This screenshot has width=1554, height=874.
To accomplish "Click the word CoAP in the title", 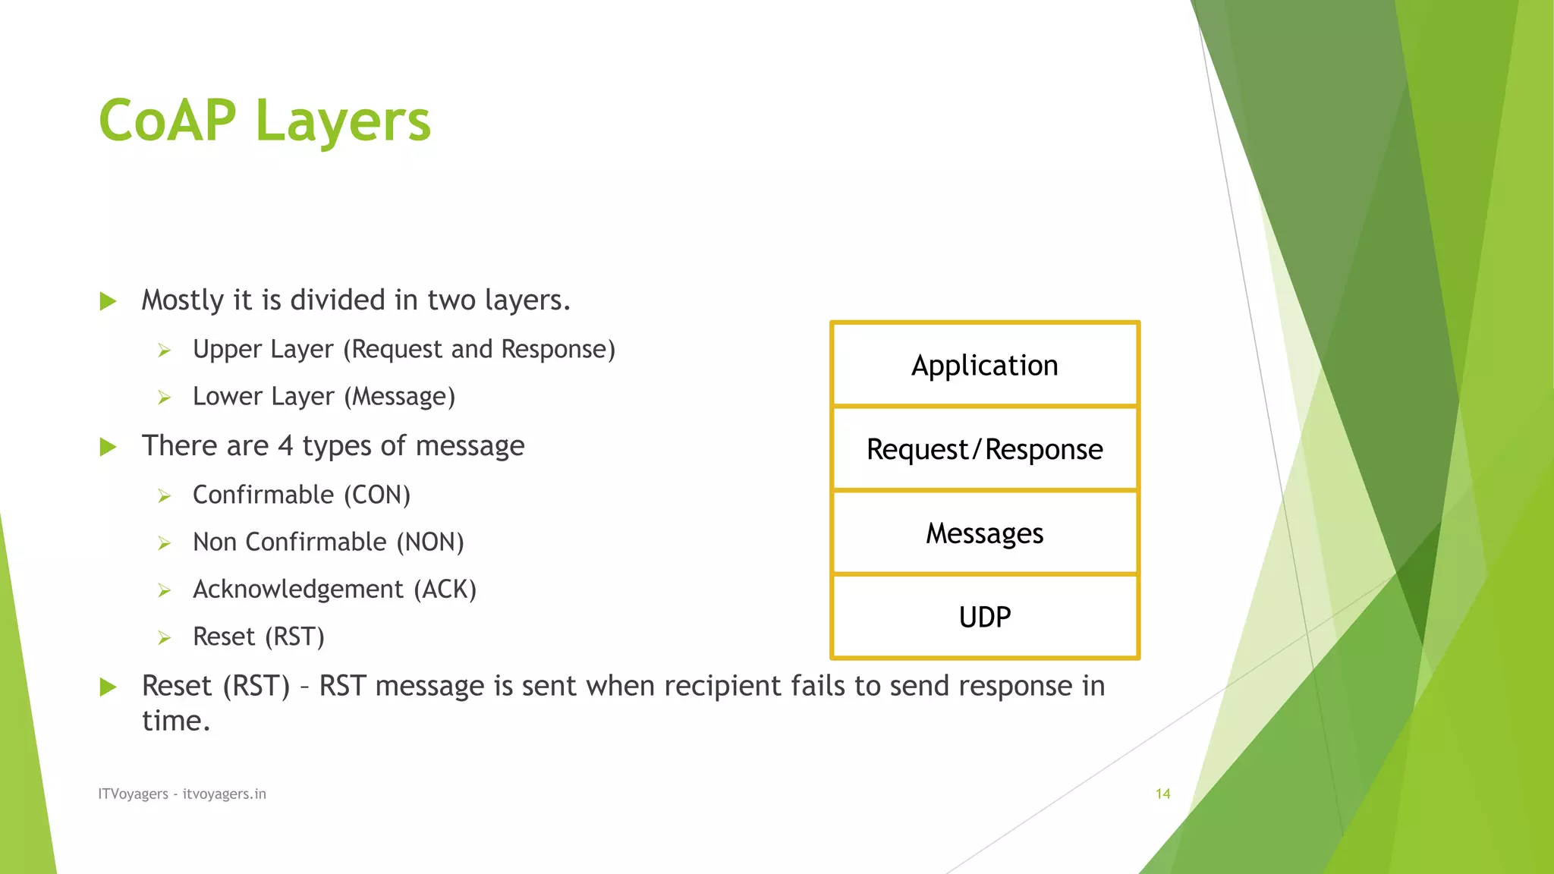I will (x=168, y=121).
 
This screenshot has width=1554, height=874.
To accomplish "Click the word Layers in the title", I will (x=343, y=122).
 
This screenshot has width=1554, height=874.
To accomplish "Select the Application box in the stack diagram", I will (x=984, y=366).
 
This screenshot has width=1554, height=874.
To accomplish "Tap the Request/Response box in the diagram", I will (x=984, y=449).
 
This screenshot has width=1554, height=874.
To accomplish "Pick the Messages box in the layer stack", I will (x=984, y=533).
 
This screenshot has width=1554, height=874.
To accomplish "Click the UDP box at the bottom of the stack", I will (x=984, y=617).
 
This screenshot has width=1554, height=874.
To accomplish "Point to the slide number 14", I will (x=1162, y=794).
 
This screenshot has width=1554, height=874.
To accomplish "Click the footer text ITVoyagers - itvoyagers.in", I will (x=182, y=794).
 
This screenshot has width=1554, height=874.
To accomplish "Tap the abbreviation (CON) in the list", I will (x=377, y=495).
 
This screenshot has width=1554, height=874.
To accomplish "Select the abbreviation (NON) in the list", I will (x=429, y=542).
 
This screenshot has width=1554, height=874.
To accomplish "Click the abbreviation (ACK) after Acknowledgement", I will (x=445, y=589).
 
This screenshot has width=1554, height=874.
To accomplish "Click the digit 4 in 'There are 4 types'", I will (x=285, y=445).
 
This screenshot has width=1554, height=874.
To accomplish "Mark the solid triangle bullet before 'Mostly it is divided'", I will (x=108, y=301).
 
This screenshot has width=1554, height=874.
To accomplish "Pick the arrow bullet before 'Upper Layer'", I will (x=165, y=351).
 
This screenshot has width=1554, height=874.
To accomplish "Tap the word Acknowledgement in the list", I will (x=297, y=589).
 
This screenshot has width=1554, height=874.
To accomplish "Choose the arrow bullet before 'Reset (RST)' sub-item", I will (x=165, y=638).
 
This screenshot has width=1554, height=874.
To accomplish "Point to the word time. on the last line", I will (x=175, y=721).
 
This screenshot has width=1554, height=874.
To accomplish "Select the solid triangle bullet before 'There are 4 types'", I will (x=108, y=447).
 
